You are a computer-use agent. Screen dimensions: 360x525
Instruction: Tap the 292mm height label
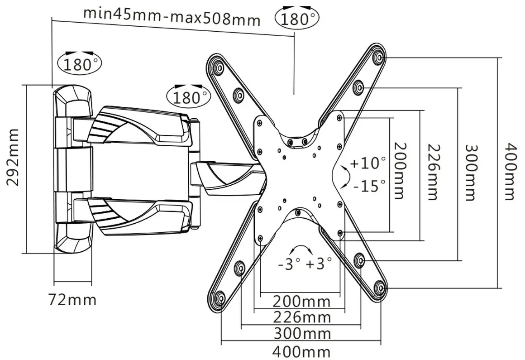14,157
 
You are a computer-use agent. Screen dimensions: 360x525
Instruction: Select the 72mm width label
72,300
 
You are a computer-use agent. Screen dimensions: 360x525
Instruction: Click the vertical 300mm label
471,173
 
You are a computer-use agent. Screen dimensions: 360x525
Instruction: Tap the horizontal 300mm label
302,334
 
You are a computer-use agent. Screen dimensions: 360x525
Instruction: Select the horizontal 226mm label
302,317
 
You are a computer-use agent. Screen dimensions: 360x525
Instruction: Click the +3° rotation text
319,264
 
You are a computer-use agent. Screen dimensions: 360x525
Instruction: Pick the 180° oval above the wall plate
80,64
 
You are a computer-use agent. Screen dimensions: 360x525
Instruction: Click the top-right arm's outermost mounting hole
378,58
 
